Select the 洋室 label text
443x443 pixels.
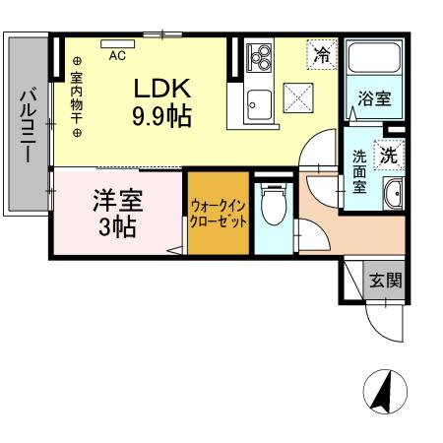pyautogui.click(x=117, y=199)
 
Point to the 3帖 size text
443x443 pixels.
pyautogui.click(x=117, y=224)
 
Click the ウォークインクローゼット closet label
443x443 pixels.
pyautogui.click(x=219, y=214)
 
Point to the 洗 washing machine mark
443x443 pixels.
pyautogui.click(x=390, y=155)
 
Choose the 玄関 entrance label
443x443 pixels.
pyautogui.click(x=385, y=280)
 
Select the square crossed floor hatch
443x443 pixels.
pyautogui.click(x=297, y=99)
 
